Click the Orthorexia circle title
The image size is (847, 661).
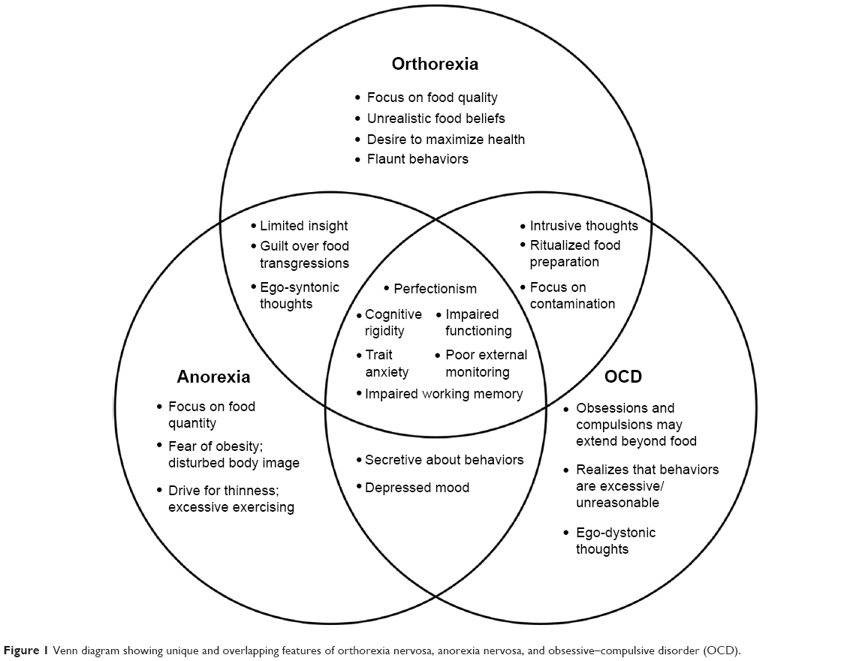click(435, 64)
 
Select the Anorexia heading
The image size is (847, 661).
click(213, 376)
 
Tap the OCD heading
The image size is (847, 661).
click(623, 377)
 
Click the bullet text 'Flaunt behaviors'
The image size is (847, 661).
click(417, 159)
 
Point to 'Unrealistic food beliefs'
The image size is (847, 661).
click(436, 119)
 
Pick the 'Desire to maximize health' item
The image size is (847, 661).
click(445, 140)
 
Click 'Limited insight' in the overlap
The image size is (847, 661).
click(303, 226)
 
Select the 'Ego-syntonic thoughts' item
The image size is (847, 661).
click(299, 296)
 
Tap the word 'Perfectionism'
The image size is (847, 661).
click(435, 289)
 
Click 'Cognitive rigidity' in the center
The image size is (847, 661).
click(393, 323)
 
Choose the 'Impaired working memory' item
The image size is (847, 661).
click(443, 394)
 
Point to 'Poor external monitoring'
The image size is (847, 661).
click(485, 363)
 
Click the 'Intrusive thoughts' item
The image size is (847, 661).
click(583, 226)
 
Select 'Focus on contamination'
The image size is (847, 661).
click(571, 296)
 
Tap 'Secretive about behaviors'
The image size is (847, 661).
click(444, 460)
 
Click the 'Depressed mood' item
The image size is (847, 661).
click(417, 488)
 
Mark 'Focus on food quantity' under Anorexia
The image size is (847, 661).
click(211, 415)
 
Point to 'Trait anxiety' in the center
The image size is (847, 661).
click(387, 363)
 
